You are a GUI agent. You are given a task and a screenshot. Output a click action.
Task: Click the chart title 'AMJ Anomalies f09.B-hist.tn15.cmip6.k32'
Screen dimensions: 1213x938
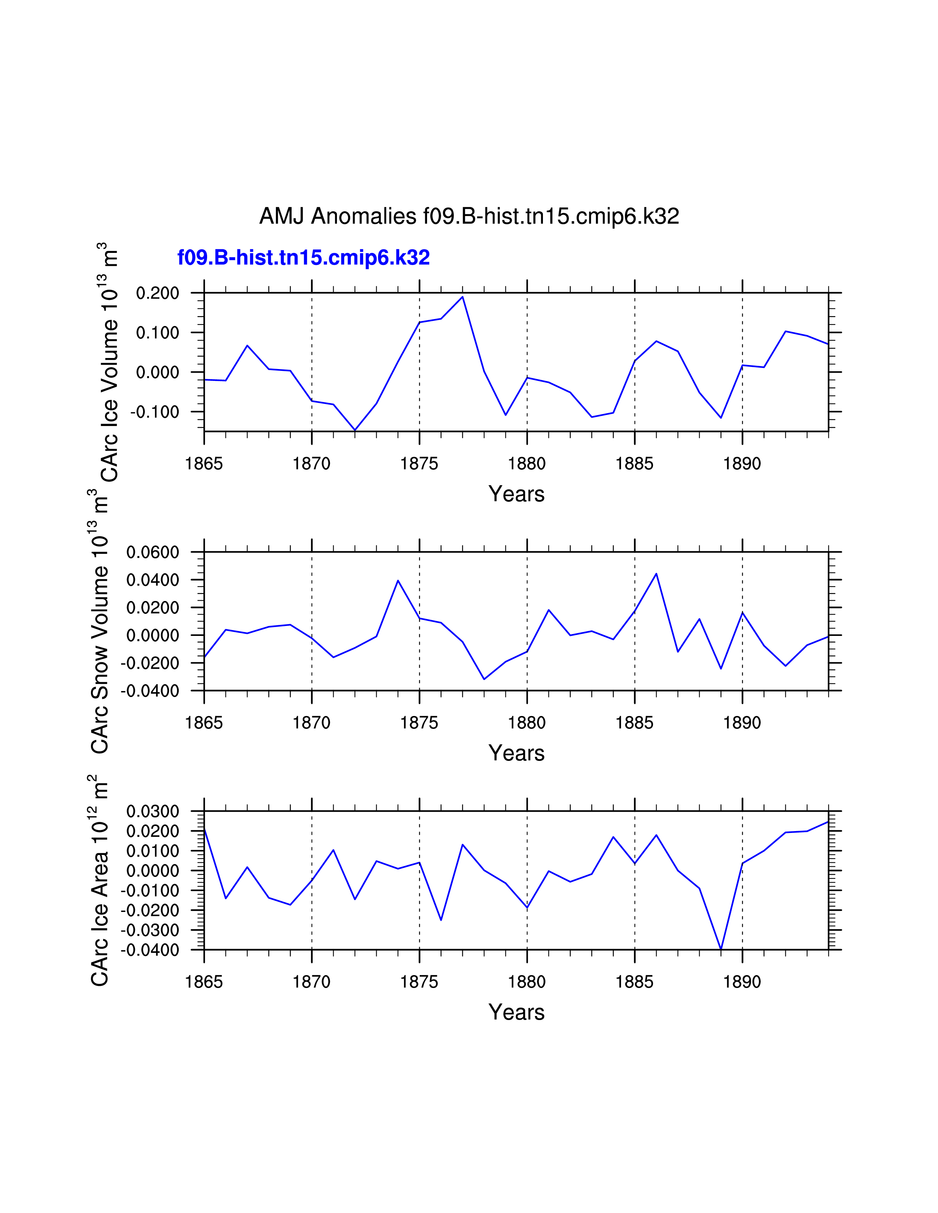pyautogui.click(x=469, y=216)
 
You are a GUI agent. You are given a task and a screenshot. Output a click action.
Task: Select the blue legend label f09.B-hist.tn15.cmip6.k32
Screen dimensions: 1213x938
pyautogui.click(x=303, y=258)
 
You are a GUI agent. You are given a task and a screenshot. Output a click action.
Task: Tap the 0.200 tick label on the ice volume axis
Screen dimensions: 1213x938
pyautogui.click(x=158, y=293)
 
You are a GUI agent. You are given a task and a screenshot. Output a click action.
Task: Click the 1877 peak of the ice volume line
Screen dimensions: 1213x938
pyautogui.click(x=462, y=297)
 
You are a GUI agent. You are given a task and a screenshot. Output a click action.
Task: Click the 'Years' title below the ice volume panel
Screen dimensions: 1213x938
pyautogui.click(x=516, y=494)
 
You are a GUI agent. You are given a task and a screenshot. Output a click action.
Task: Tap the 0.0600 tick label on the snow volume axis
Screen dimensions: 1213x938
pyautogui.click(x=153, y=552)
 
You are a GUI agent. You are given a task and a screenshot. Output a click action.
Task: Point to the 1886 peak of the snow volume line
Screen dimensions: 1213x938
pyautogui.click(x=656, y=574)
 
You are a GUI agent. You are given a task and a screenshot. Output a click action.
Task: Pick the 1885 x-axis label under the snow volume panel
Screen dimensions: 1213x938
pyautogui.click(x=634, y=723)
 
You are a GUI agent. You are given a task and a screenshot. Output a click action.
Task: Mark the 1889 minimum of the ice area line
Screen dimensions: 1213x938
pyautogui.click(x=721, y=949)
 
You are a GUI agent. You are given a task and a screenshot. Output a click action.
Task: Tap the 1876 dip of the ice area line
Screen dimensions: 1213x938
pyautogui.click(x=441, y=920)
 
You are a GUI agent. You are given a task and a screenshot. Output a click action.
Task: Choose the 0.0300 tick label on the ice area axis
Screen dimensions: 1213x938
pyautogui.click(x=153, y=812)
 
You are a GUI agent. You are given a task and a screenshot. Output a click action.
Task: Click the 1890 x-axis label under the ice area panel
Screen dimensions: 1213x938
pyautogui.click(x=742, y=982)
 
